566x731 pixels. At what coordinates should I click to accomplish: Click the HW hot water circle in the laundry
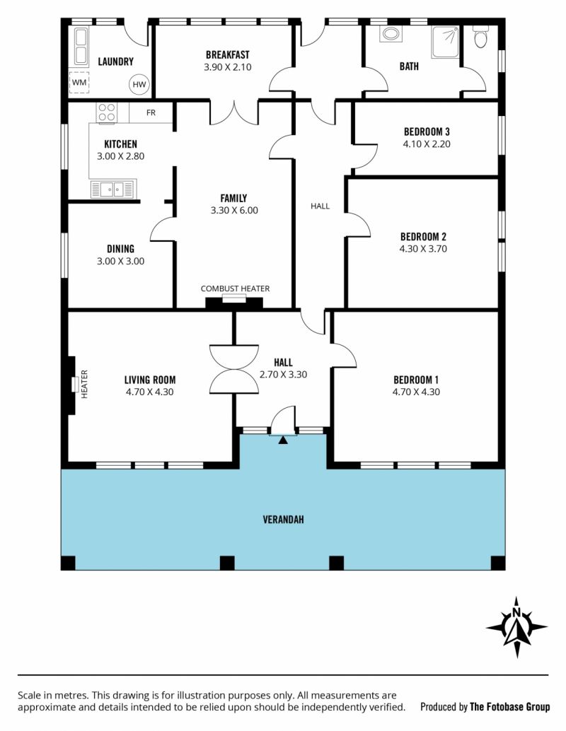click(139, 84)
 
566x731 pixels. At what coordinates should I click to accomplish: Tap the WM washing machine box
click(79, 82)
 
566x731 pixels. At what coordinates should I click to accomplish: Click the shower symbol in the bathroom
click(445, 42)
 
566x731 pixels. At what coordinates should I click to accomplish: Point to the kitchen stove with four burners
click(106, 112)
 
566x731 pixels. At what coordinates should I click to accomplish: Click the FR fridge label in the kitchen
click(151, 112)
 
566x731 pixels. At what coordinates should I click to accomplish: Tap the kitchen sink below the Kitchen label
click(113, 189)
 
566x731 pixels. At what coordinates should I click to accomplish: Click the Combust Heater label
click(235, 288)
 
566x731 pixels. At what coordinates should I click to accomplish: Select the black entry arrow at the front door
click(283, 440)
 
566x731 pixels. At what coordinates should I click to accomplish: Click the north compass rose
click(516, 627)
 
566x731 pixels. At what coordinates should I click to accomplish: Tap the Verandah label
click(283, 520)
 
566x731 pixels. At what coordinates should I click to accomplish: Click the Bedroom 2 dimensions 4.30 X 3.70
click(423, 249)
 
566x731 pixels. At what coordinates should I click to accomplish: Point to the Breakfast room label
click(228, 55)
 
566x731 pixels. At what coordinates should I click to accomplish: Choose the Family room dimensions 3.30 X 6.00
click(234, 210)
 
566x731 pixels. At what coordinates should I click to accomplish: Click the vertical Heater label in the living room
click(84, 384)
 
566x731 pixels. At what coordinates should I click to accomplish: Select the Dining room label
click(120, 249)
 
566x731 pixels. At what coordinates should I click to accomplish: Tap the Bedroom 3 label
click(427, 132)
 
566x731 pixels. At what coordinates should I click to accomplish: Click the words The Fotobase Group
click(509, 707)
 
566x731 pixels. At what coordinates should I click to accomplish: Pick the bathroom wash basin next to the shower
click(391, 34)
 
